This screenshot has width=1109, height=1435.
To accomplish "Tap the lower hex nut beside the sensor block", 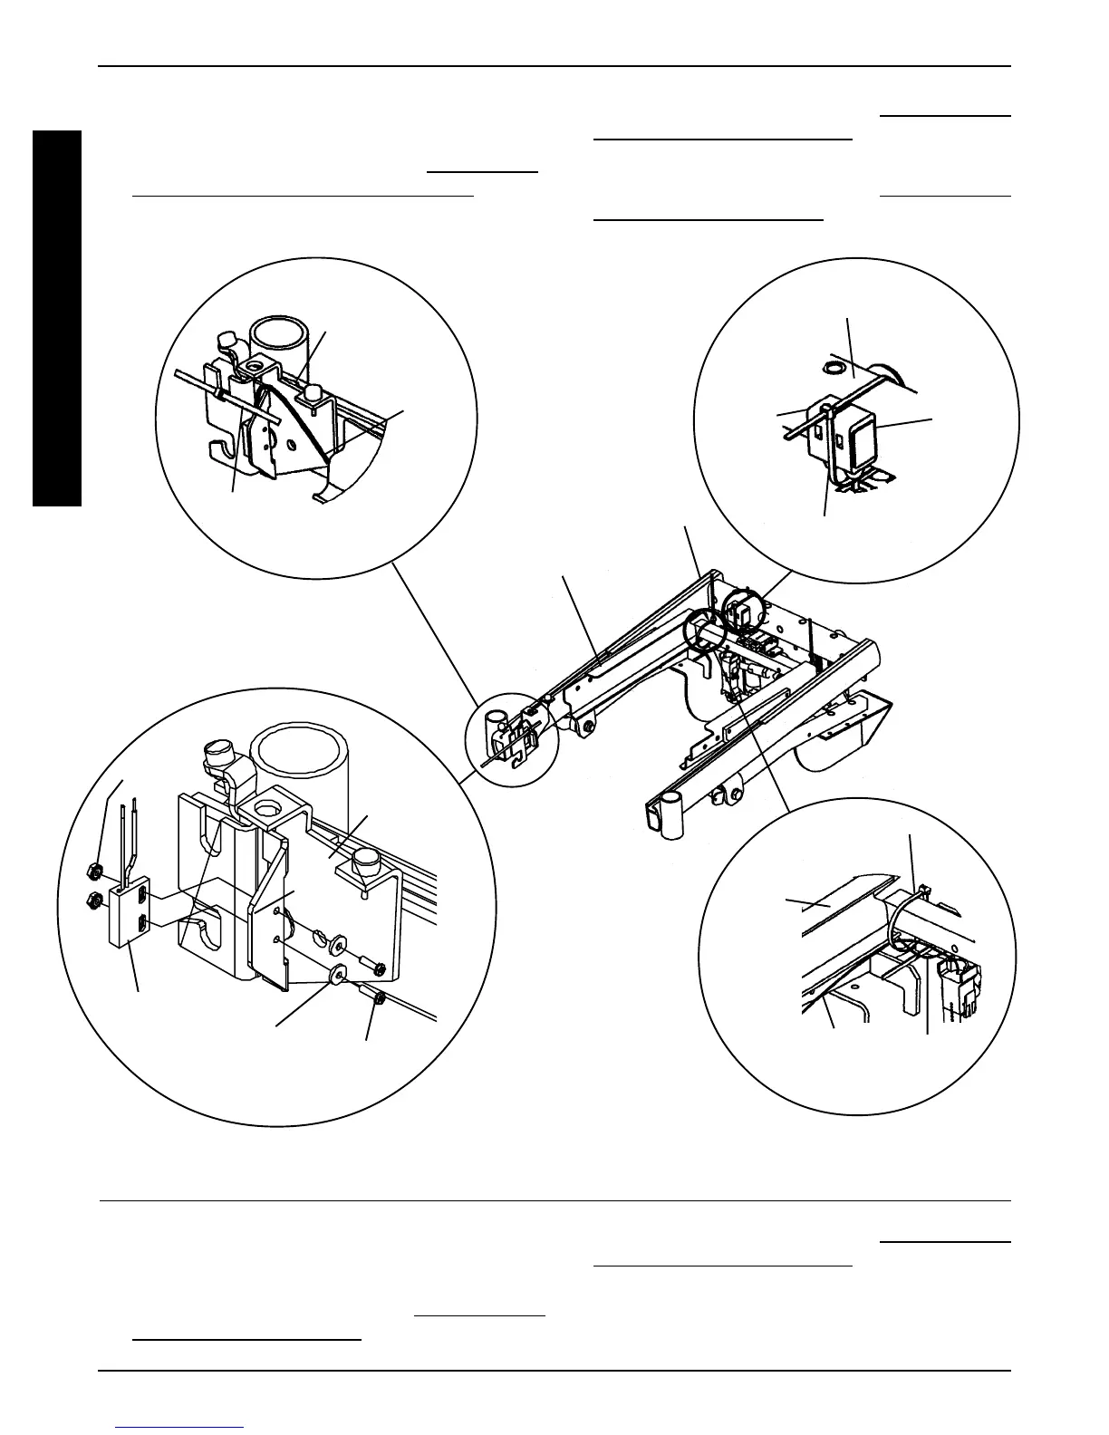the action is (94, 900).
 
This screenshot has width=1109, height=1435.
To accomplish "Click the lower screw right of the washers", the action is (379, 998).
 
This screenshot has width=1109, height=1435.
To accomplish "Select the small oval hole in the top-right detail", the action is (830, 368).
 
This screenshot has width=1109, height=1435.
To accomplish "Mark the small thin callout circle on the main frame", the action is (511, 738).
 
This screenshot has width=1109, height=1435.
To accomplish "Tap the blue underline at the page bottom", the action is (180, 1428).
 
